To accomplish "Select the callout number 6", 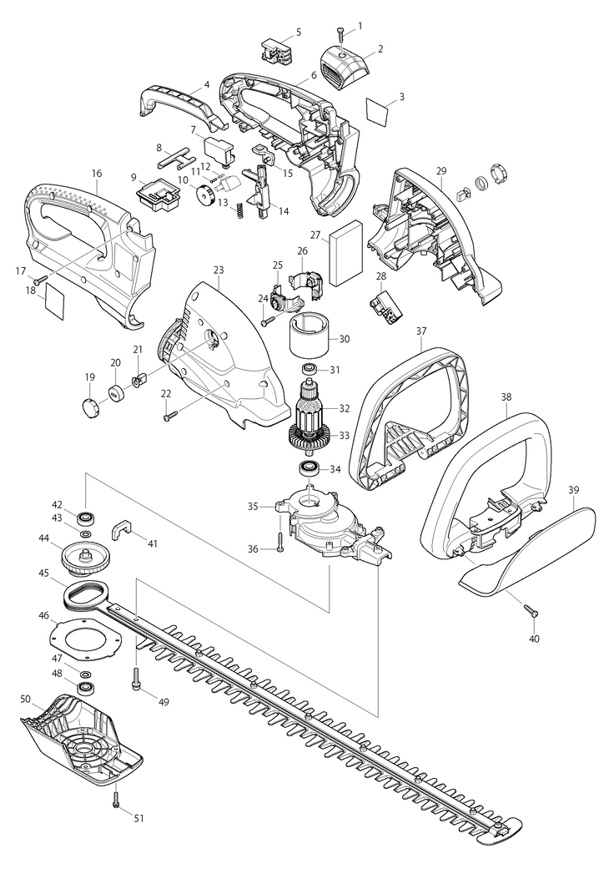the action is tap(314, 75).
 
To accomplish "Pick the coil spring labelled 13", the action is tap(239, 210).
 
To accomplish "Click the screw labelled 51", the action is tap(116, 797).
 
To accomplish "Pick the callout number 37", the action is tap(421, 331).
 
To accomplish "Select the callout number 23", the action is tap(219, 270).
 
